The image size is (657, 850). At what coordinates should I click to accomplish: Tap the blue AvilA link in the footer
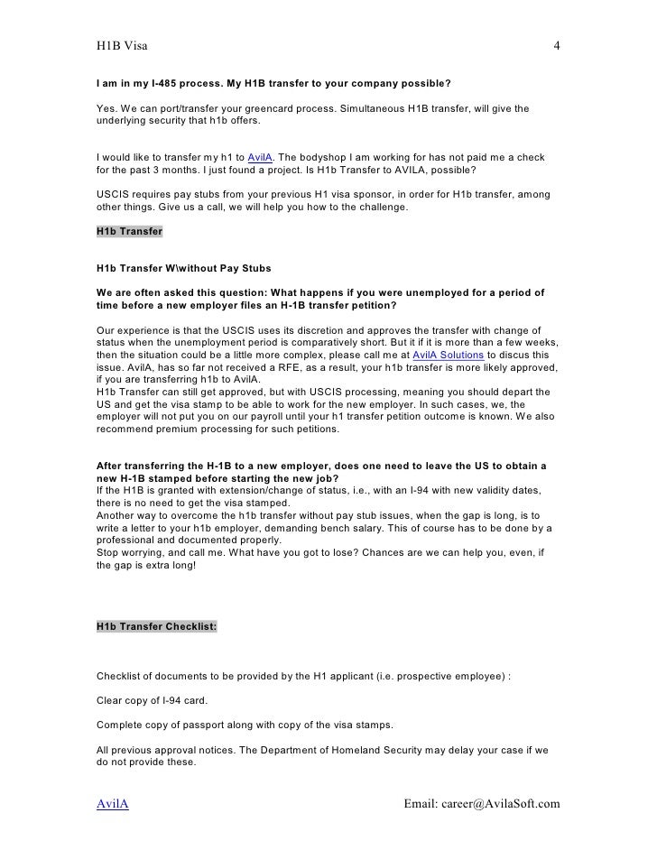tap(112, 804)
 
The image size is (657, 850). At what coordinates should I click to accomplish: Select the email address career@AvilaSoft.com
tap(483, 804)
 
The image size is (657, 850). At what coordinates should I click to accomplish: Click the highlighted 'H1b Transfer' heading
tap(129, 231)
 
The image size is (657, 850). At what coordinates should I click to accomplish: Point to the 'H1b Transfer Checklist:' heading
tap(155, 625)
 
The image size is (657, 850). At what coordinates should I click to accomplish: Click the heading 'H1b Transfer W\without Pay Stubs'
tap(182, 269)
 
